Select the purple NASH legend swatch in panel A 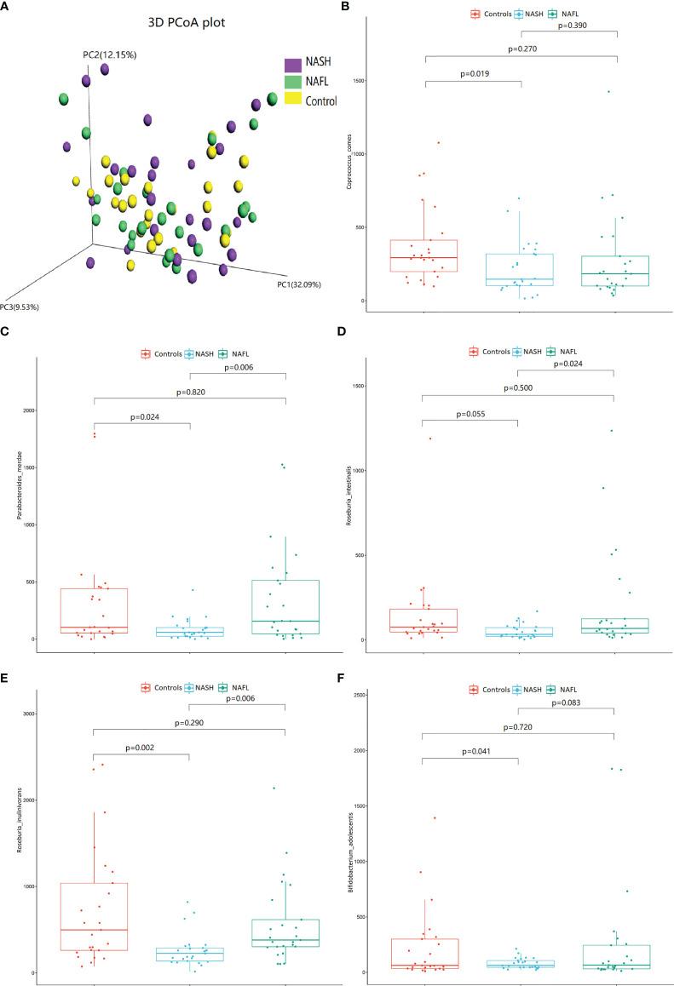coord(292,65)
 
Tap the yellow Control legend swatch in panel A coord(292,100)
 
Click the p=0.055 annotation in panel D coord(469,413)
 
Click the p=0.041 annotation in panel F coord(469,752)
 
